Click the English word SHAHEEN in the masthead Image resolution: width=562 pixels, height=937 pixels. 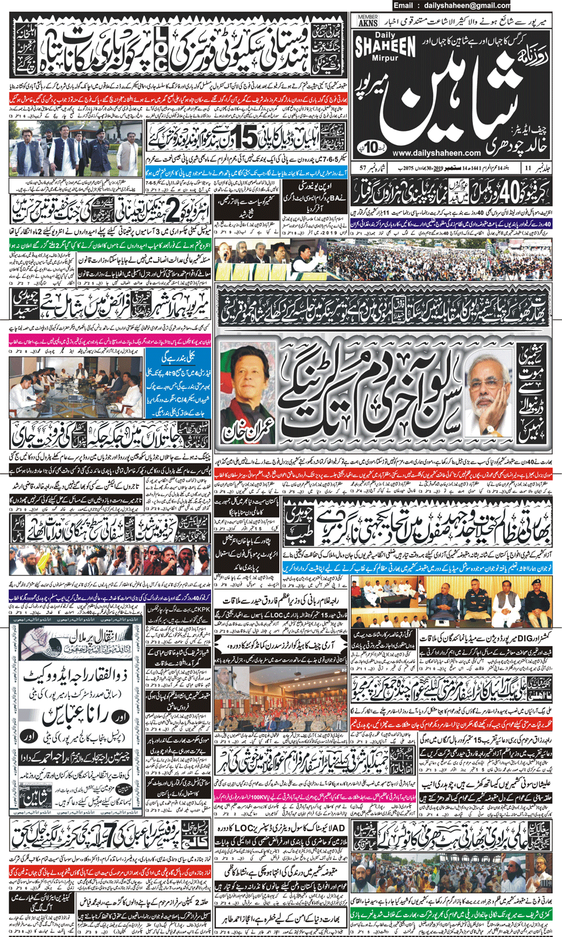click(x=385, y=47)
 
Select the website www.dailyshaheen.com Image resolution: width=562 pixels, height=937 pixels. click(x=436, y=154)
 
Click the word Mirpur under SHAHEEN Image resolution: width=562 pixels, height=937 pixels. click(x=385, y=58)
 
